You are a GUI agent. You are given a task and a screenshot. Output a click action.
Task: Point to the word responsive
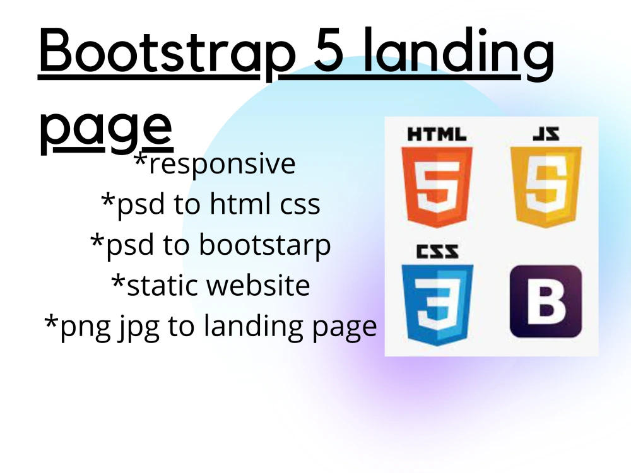tap(221, 164)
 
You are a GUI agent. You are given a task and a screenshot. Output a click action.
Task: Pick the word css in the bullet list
tap(300, 204)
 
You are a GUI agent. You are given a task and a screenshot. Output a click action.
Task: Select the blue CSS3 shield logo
tap(437, 303)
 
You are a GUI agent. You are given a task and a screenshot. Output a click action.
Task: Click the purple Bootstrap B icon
tap(545, 301)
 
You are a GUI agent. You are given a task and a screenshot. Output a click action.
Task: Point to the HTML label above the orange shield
tap(437, 135)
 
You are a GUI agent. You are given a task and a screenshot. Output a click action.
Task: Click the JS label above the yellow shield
tap(546, 135)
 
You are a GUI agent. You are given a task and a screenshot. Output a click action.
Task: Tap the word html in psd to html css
tap(245, 204)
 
